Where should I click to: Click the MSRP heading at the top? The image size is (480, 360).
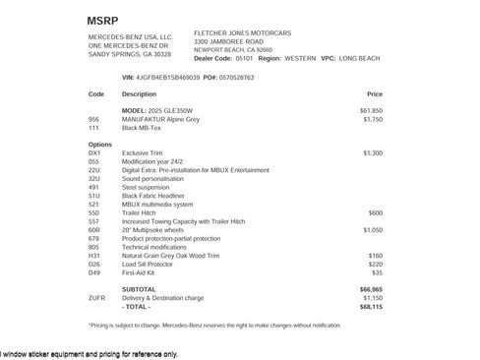point(101,20)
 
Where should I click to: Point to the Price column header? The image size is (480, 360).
point(375,94)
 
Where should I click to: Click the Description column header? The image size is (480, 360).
point(139,94)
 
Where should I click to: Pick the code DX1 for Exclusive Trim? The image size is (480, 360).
point(94,153)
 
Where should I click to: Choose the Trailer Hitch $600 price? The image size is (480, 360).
point(376,212)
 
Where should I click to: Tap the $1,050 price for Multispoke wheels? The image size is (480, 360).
point(373,229)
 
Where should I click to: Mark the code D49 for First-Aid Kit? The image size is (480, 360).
point(94,271)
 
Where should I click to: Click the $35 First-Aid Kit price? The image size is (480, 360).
point(378,271)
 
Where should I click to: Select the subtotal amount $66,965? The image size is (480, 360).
point(371,289)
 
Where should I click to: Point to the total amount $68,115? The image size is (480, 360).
point(371,305)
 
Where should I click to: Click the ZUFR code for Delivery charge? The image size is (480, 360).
point(96,297)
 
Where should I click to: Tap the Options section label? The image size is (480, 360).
point(100,145)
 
